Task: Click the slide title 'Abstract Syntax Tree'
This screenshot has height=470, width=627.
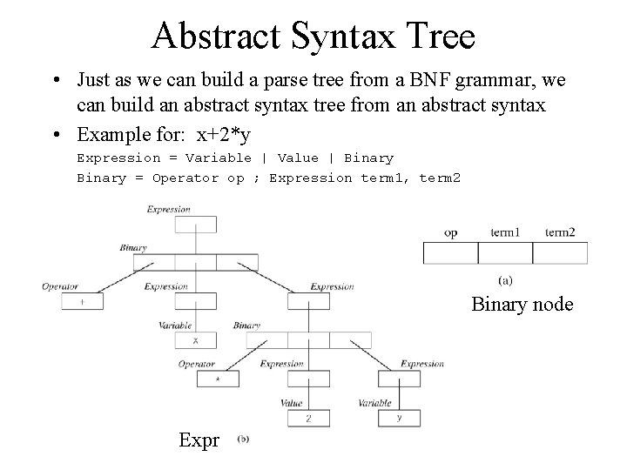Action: (313, 37)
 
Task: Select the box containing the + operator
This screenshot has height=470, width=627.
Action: (82, 301)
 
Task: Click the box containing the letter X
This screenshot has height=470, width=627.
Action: (195, 340)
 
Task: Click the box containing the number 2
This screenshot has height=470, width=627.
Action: (308, 419)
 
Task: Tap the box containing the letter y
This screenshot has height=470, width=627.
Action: (399, 418)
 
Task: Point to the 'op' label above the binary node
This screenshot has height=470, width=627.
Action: (450, 232)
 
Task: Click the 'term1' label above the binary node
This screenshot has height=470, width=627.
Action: (505, 232)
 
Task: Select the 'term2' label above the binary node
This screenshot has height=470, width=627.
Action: (559, 232)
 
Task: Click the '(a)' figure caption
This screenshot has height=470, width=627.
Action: (504, 280)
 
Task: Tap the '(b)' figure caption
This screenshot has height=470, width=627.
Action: (243, 439)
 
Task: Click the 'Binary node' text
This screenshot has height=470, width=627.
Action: (522, 304)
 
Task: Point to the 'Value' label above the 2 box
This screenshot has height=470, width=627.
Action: (292, 403)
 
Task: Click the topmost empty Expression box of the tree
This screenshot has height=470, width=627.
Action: (195, 224)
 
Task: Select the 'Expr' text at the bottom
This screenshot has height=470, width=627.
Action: (199, 440)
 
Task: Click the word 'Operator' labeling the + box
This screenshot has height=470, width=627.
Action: (60, 286)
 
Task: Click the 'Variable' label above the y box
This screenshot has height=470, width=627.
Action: (375, 403)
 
